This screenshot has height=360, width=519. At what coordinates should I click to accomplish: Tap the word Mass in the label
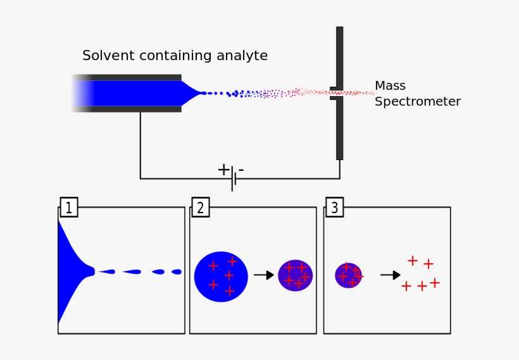pos(390,85)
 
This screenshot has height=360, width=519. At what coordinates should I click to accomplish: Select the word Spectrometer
pos(418,101)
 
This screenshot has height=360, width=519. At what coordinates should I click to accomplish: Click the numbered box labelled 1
pos(69,207)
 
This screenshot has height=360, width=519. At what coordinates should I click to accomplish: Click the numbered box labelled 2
pos(200,207)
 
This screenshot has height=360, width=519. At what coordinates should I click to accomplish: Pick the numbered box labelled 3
pos(335,207)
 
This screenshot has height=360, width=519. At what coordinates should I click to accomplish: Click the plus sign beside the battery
pos(223,170)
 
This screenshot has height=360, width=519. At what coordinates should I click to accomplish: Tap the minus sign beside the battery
pos(241,170)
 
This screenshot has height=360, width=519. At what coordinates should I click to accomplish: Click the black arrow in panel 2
pos(263,275)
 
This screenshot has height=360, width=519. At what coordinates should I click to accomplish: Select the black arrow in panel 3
pos(390,275)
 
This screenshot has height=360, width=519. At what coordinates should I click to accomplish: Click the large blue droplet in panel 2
pos(220,276)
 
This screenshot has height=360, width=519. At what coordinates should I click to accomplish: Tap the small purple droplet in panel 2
pos(296,275)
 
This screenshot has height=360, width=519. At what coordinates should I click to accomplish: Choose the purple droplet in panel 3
pos(348,275)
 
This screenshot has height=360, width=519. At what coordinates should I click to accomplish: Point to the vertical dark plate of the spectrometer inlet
pos(340,127)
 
